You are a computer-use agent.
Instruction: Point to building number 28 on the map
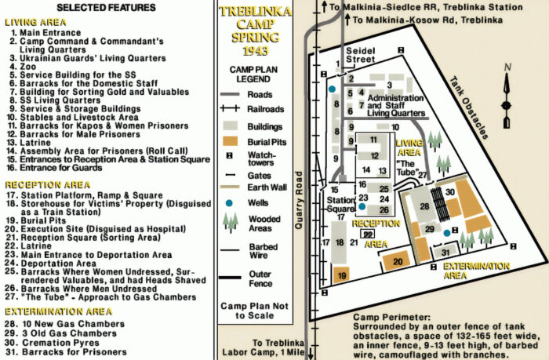[424, 206]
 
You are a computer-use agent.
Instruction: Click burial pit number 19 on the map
[341, 275]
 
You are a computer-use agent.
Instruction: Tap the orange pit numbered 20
[398, 261]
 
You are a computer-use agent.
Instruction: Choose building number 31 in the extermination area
[445, 252]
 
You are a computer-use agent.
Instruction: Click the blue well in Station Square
[362, 208]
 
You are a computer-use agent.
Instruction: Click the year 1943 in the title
[256, 50]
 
